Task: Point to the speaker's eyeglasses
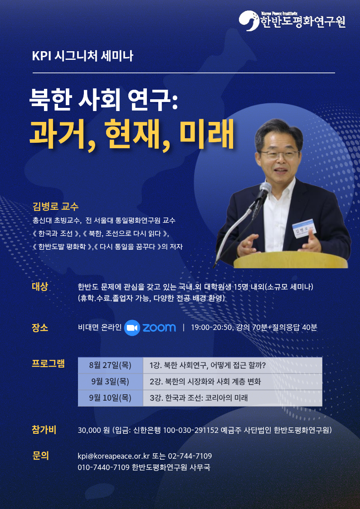[x=279, y=154]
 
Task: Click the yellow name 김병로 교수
[x=55, y=207]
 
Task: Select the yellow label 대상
[x=40, y=287]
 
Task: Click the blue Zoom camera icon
[x=132, y=328]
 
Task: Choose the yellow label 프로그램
[x=48, y=363]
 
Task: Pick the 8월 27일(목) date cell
[x=110, y=365]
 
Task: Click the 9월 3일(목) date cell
[x=110, y=382]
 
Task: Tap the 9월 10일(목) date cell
[x=110, y=398]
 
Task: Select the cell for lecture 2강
[x=233, y=382]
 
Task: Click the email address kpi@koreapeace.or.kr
[x=114, y=456]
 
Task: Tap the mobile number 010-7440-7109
[x=104, y=467]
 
